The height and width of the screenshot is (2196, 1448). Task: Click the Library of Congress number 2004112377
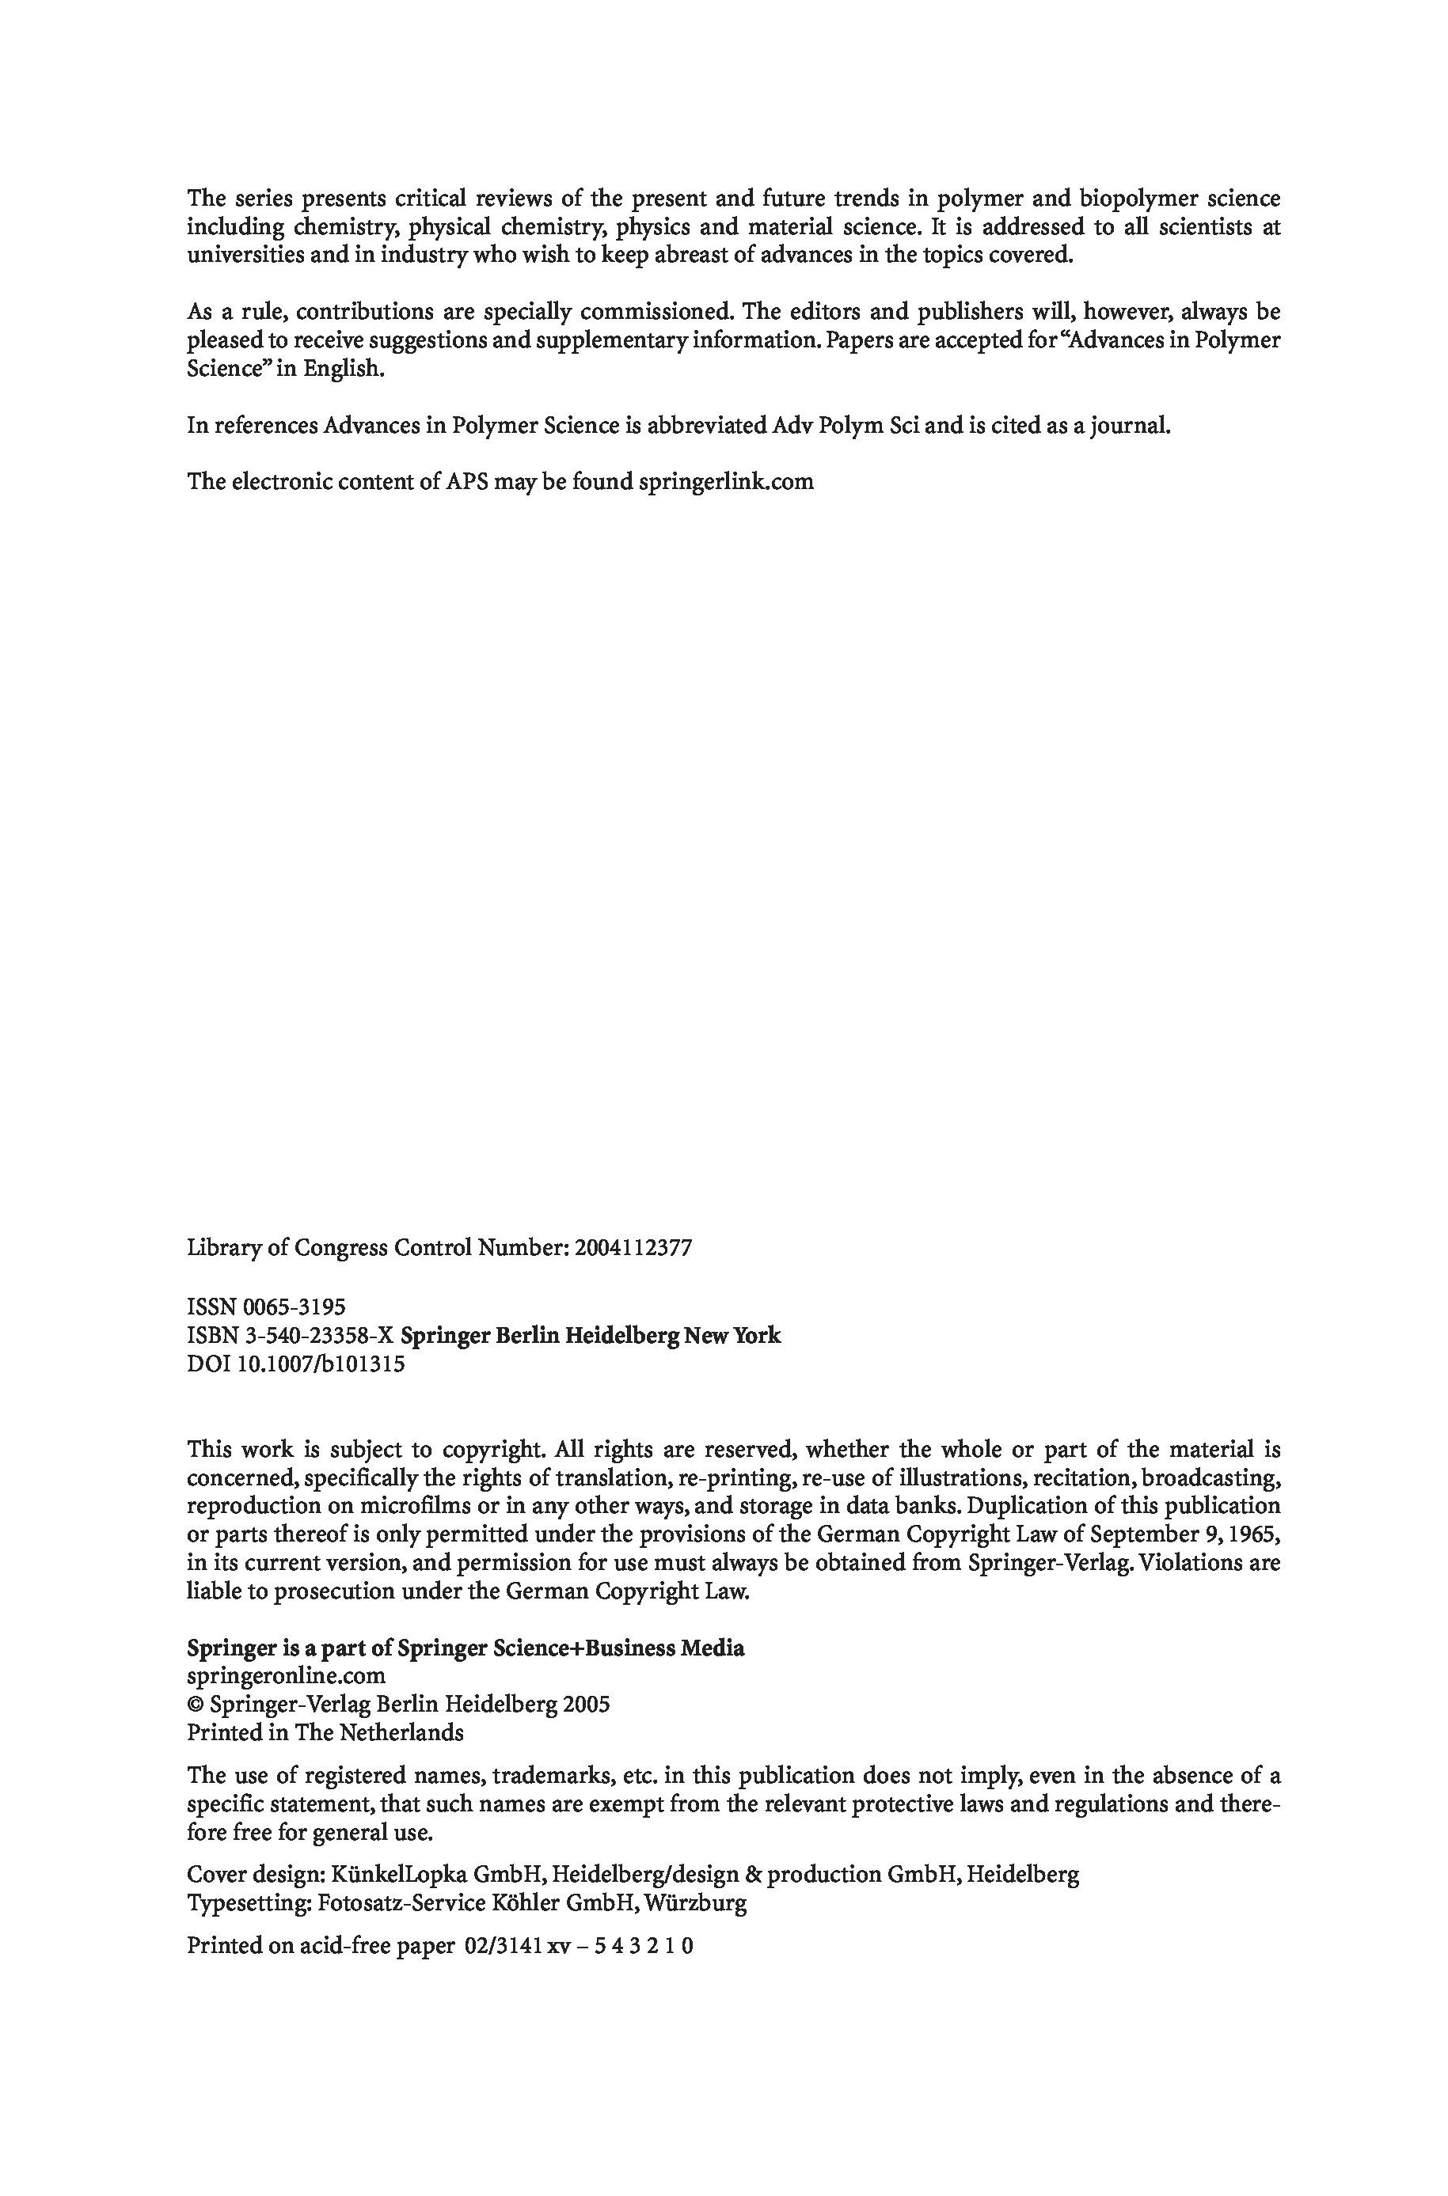633,1248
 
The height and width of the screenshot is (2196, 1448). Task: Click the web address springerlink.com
726,482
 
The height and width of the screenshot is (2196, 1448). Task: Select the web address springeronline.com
287,1675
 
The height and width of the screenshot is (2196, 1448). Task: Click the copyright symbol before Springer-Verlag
196,1705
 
